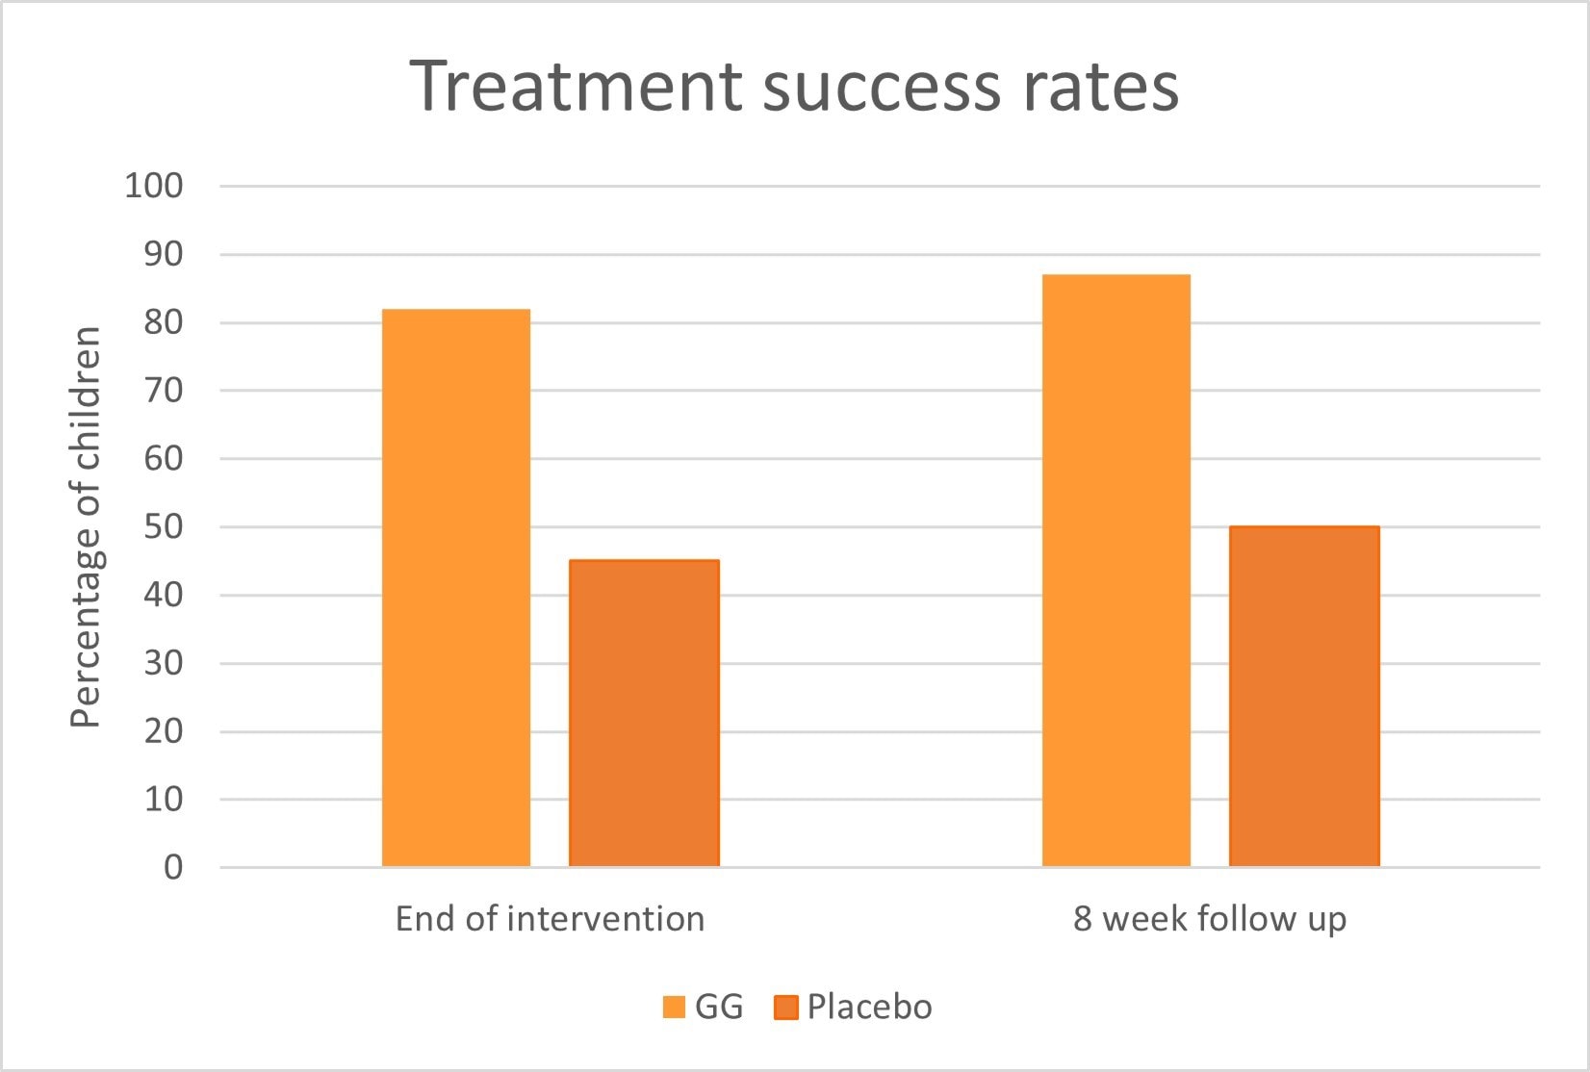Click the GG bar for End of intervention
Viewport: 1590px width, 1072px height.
coord(456,588)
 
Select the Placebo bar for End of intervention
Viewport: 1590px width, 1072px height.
coord(644,713)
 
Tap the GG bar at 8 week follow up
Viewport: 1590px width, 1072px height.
coord(1116,571)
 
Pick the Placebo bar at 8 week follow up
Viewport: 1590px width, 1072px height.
coord(1304,697)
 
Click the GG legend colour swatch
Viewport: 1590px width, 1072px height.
coord(674,1008)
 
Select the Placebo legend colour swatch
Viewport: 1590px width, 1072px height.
coord(786,1008)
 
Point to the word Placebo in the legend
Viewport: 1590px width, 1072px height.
coord(869,1007)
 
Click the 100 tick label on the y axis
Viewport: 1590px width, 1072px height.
coord(154,186)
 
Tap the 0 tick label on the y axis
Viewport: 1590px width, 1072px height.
coord(173,867)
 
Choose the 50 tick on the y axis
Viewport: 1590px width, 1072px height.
coord(164,526)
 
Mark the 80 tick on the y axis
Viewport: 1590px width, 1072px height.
coord(164,322)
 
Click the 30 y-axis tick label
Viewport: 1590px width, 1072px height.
coord(164,663)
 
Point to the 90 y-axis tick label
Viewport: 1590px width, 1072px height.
coord(164,254)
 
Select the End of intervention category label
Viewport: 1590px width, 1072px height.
coord(550,919)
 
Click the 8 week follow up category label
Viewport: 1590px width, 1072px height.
coord(1210,919)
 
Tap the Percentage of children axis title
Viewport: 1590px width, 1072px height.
coord(87,526)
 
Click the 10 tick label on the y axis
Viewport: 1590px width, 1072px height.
coord(164,799)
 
